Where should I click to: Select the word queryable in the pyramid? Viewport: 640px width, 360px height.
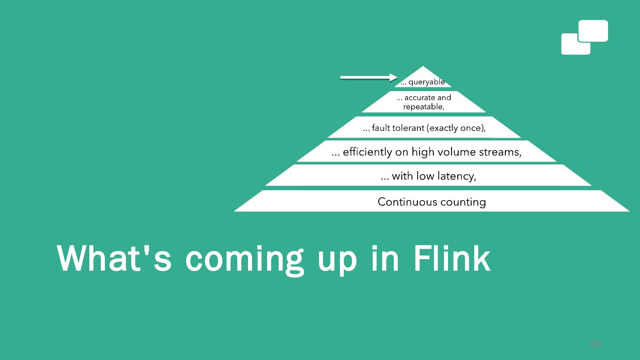tap(427, 82)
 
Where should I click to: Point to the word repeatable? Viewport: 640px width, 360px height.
tap(424, 107)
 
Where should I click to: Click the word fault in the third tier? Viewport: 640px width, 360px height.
tap(381, 128)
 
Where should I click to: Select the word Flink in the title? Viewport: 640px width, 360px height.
tap(452, 258)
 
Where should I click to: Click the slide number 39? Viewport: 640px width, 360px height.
tap(595, 344)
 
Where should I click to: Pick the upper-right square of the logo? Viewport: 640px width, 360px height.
tap(593, 31)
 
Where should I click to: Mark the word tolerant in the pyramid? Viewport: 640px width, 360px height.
tap(408, 128)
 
